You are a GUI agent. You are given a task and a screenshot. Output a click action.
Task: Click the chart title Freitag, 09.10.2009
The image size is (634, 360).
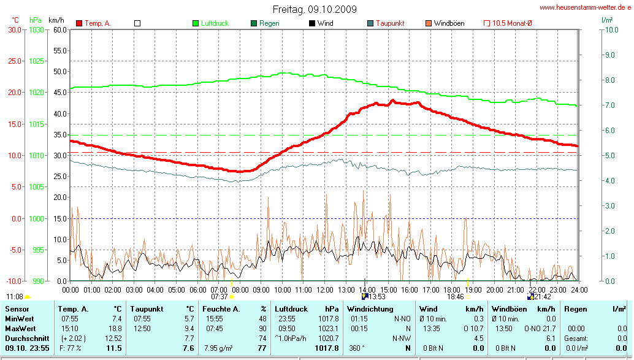coord(315,9)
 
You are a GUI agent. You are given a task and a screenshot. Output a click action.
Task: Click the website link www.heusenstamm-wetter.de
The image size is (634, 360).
coord(585,7)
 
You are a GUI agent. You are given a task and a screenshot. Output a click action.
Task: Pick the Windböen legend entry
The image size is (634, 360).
coord(449,23)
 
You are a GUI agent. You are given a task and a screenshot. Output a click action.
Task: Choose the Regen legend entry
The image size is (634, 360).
coord(269,23)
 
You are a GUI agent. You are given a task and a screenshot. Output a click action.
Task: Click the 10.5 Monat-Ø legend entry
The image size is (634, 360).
coord(512,23)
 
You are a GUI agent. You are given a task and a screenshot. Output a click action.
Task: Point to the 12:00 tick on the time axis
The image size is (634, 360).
coord(324,289)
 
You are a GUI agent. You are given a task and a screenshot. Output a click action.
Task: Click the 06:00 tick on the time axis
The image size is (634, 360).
coord(197,289)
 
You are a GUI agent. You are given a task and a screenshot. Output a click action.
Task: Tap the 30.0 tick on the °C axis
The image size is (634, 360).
coord(14,29)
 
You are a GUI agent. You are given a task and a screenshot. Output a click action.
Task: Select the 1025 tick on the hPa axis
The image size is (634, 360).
coord(37,61)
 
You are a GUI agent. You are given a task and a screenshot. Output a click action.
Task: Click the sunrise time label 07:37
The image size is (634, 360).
coord(219,296)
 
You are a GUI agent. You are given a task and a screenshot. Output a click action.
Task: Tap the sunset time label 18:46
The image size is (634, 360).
coord(455,296)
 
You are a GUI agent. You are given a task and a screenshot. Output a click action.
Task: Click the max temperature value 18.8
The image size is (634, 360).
coord(115,329)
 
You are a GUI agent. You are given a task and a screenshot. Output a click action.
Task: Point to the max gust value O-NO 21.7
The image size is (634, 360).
coord(532,329)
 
